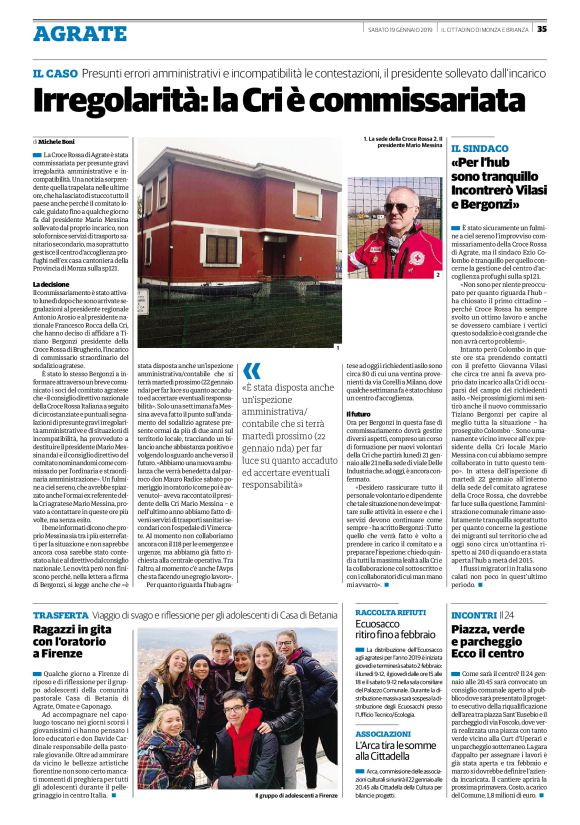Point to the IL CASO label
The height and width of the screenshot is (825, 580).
click(x=54, y=73)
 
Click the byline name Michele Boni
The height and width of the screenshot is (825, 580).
click(x=62, y=142)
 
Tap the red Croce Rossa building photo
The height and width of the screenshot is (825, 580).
click(x=240, y=245)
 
